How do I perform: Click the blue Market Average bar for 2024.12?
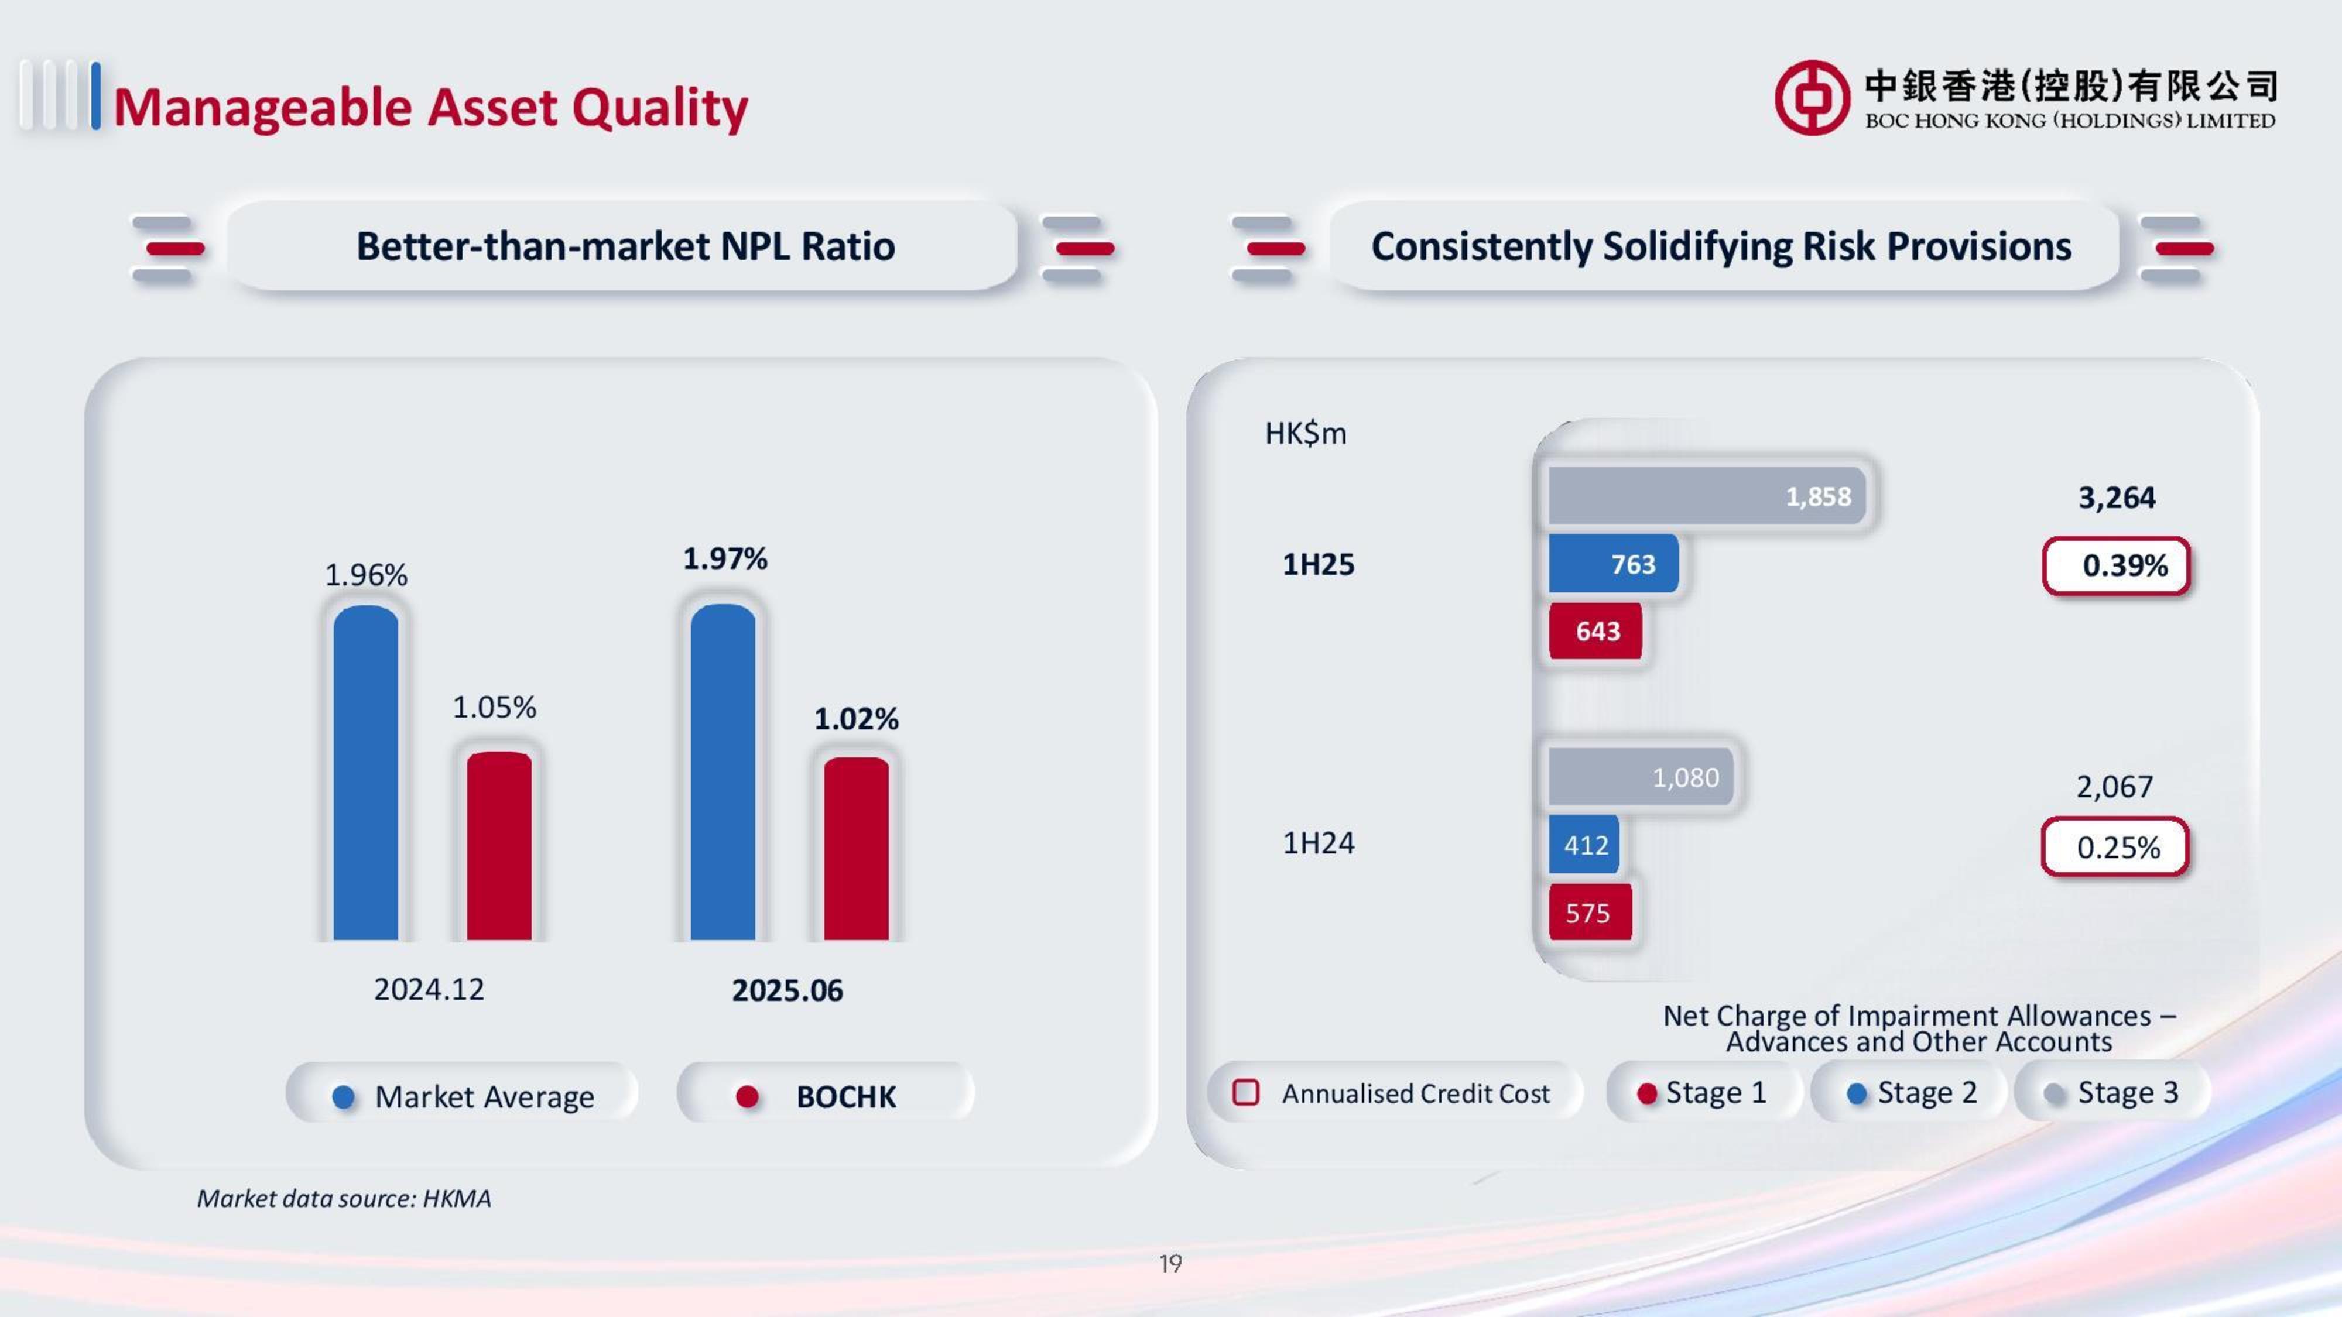coord(365,773)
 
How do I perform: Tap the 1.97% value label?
coord(725,558)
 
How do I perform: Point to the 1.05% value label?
coord(495,707)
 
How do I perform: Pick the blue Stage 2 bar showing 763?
coord(1613,564)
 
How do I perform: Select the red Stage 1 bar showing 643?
coord(1595,631)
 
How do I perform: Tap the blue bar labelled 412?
coord(1585,845)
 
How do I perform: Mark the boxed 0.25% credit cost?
coord(2115,847)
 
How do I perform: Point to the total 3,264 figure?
coord(2117,497)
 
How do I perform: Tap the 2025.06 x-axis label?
coord(787,990)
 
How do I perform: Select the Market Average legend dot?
coord(344,1097)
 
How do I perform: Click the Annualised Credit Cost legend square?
coord(1245,1092)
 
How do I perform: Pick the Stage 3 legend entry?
coord(2111,1092)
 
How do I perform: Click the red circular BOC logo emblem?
coord(1812,98)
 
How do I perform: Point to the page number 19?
coord(1170,1263)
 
